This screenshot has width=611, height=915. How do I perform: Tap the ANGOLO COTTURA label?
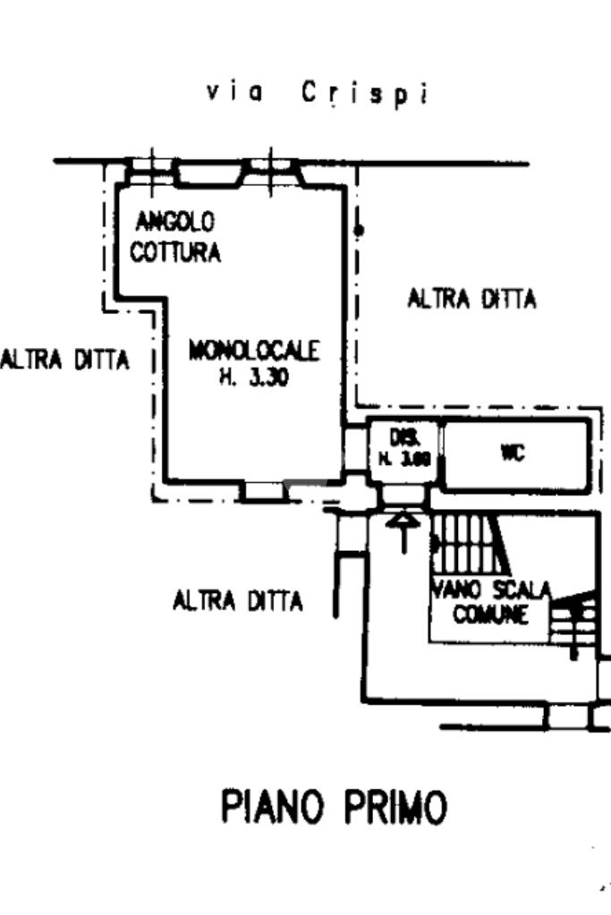point(175,237)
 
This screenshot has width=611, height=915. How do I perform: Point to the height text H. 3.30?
point(253,377)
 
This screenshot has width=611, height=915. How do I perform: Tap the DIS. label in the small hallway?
point(400,438)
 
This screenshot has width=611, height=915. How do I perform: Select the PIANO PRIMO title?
point(333,809)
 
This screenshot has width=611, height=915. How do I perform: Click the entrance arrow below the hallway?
point(403,530)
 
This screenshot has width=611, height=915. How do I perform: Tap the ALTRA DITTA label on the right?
point(471,299)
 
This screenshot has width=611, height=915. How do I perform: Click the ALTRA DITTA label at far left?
point(65,360)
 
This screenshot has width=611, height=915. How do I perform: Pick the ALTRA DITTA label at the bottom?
point(238,601)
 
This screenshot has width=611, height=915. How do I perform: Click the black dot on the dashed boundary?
point(359,231)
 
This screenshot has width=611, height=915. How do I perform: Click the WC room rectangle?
point(516,456)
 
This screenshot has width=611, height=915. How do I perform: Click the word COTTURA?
point(175,252)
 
